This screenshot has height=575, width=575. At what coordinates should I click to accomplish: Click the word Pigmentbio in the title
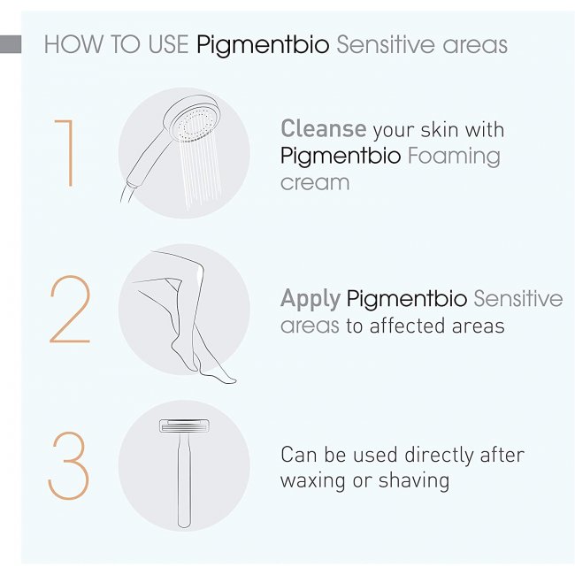[263, 45]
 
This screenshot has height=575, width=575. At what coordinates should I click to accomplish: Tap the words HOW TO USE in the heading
[117, 44]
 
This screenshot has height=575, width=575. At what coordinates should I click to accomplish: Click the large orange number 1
[65, 153]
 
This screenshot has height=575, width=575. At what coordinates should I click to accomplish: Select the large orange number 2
[70, 309]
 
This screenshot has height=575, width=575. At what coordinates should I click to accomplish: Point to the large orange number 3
[69, 465]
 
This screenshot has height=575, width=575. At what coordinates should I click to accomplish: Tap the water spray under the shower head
[200, 172]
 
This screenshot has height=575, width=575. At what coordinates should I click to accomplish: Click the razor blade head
[184, 425]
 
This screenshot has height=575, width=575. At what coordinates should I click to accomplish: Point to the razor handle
[184, 479]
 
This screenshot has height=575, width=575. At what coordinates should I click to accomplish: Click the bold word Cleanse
[324, 128]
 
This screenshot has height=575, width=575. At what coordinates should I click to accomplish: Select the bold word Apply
[310, 299]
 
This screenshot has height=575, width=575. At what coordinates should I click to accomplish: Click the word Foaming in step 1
[454, 157]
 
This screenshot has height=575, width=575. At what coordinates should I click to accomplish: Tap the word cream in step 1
[315, 182]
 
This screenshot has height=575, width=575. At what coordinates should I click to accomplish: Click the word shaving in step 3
[414, 481]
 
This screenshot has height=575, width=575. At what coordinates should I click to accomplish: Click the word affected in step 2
[407, 326]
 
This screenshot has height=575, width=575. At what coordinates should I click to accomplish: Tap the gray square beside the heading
[11, 44]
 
